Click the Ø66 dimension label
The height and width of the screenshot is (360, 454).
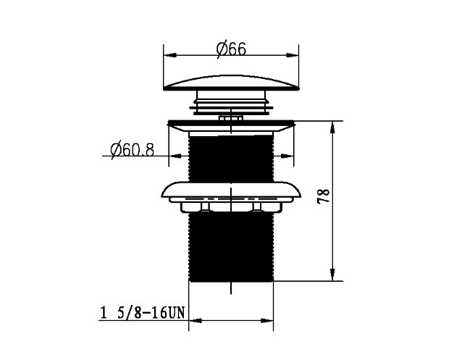coord(231,49)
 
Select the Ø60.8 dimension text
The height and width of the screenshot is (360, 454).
coord(133,150)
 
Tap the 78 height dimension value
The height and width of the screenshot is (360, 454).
coord(324,196)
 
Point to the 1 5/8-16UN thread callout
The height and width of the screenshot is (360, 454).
coord(143,313)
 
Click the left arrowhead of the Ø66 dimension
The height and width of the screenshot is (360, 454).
coord(170,55)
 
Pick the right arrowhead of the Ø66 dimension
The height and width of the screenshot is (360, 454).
coord(292,55)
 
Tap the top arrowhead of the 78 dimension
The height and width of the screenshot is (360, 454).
coord(332,127)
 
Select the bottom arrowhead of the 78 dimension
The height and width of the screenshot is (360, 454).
coord(332,275)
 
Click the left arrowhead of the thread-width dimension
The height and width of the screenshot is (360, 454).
coord(196,321)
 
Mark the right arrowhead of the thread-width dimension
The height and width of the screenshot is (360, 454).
coord(266,321)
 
